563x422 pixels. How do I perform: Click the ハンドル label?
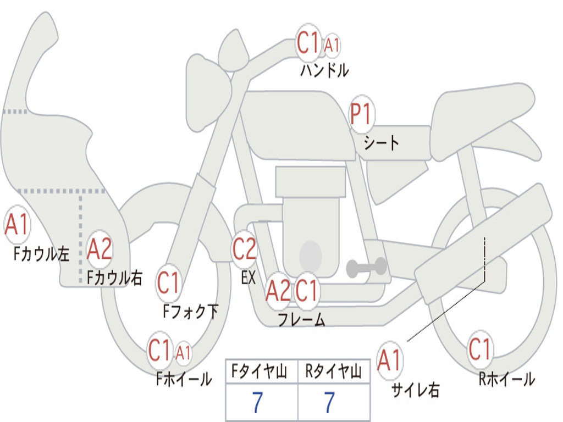(x=324, y=70)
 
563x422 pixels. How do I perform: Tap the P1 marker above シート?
(x=362, y=114)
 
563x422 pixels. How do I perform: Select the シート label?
(x=381, y=143)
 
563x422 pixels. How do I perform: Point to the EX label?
(x=249, y=277)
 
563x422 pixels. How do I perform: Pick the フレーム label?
(x=302, y=320)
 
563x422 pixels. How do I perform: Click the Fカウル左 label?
(x=41, y=254)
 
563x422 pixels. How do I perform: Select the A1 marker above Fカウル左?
(x=17, y=225)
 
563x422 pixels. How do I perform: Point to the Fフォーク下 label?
(x=191, y=311)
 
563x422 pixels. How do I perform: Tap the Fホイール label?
(x=184, y=379)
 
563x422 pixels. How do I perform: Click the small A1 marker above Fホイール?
(x=183, y=352)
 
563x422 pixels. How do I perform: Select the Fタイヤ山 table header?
(x=260, y=371)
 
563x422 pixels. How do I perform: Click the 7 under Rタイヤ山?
(x=330, y=402)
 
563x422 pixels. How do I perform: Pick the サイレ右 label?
(x=416, y=390)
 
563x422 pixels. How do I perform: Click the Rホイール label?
(x=506, y=379)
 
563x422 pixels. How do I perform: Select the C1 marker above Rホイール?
(x=480, y=349)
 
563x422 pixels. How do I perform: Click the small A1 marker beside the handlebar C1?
(x=332, y=45)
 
